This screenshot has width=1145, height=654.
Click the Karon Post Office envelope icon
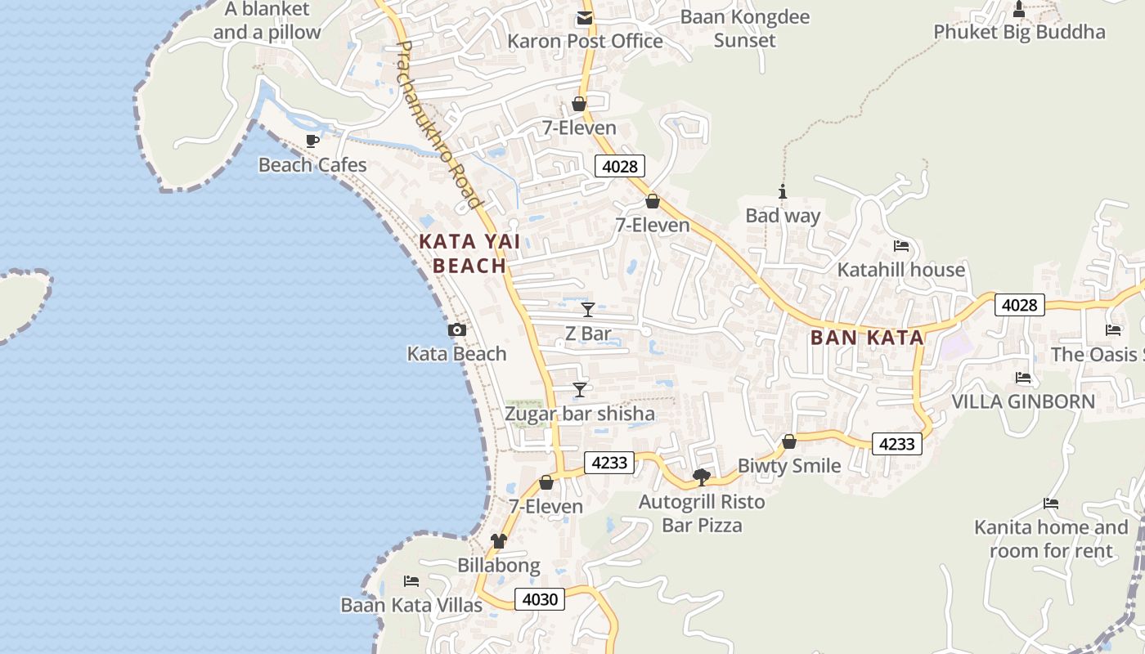585,18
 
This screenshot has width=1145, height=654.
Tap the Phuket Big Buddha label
1019,32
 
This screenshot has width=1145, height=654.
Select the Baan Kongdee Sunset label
744,29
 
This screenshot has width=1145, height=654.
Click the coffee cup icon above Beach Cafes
312,141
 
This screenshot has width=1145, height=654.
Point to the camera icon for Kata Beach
457,329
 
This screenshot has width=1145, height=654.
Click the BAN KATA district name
867,338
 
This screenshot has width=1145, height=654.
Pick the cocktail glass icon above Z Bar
587,309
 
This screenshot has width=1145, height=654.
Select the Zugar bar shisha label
579,414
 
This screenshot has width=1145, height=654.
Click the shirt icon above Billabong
498,540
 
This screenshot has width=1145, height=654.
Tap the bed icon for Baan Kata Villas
411,580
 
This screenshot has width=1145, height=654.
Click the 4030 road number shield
540,599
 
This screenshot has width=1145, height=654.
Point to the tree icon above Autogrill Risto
701,477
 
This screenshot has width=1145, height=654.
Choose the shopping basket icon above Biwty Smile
788,441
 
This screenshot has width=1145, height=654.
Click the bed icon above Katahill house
901,245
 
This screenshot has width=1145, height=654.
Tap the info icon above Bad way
783,192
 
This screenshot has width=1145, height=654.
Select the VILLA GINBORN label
1022,401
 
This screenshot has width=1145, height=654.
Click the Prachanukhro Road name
439,123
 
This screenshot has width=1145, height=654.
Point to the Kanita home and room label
1050,539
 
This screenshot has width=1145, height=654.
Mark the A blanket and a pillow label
267,21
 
